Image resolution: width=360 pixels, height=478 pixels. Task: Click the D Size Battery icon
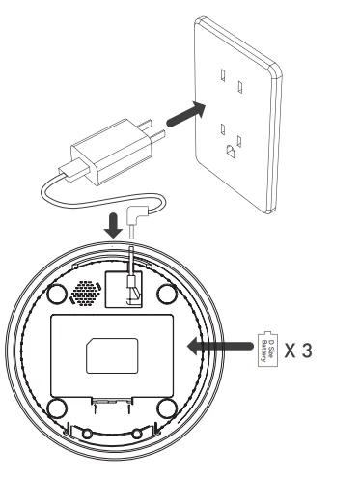click(268, 345)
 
